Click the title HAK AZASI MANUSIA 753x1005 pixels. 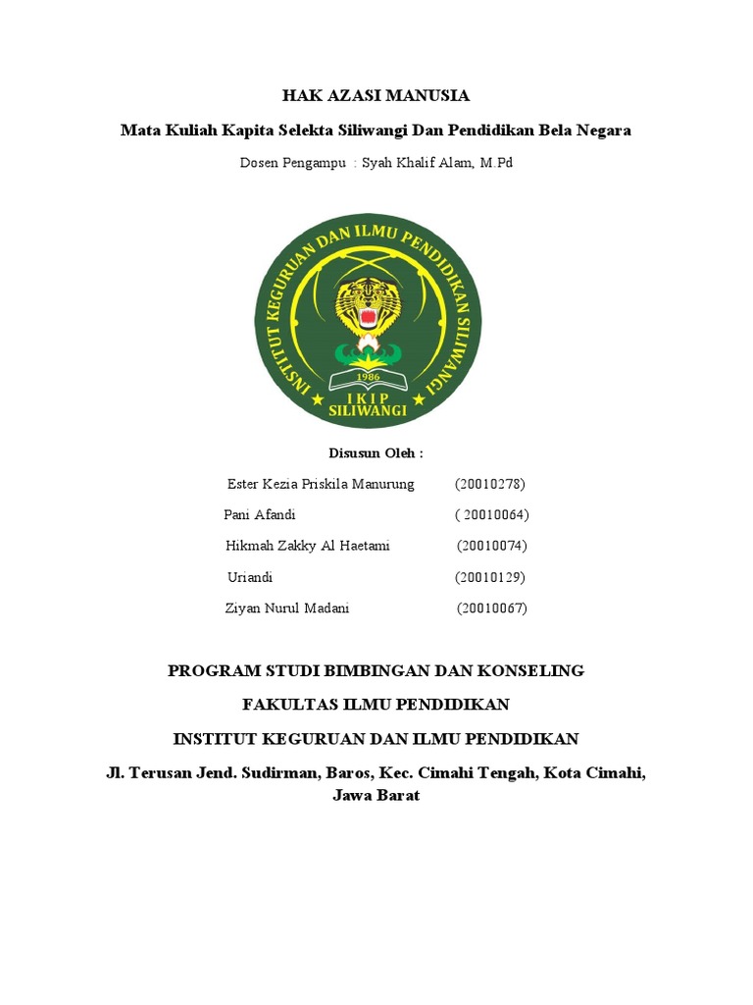(x=376, y=96)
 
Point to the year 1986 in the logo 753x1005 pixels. (x=368, y=375)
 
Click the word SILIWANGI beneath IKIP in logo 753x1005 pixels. (x=368, y=413)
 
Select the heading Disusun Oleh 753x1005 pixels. (x=376, y=453)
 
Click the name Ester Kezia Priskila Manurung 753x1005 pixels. (x=321, y=484)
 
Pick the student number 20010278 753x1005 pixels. (x=491, y=484)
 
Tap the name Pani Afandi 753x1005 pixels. (x=261, y=515)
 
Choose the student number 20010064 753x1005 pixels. (x=493, y=515)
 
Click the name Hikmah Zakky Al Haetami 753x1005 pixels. (x=308, y=546)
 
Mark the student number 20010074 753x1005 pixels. (x=493, y=546)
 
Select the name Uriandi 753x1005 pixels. (x=250, y=577)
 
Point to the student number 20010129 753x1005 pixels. (x=490, y=577)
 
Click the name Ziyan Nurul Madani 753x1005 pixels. (x=287, y=608)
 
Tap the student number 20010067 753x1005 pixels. (x=493, y=608)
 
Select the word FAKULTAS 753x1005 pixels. (x=289, y=705)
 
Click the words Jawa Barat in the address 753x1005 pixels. (x=376, y=796)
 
